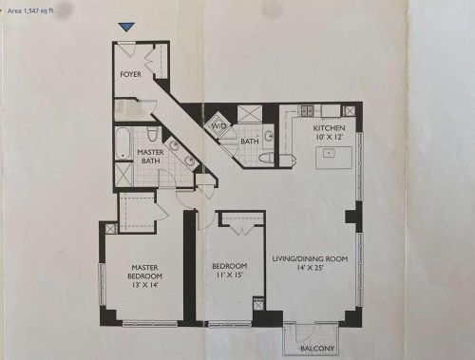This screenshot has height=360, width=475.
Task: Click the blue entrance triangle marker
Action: coord(126,28)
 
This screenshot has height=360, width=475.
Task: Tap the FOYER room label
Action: coord(130,74)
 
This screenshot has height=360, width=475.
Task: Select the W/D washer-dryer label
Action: coord(219,126)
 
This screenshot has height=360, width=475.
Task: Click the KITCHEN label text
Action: coord(329,128)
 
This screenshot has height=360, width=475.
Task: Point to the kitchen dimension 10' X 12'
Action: coord(330,137)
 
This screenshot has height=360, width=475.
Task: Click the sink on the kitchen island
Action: coord(329,154)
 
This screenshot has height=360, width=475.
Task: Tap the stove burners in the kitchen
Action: coord(306,111)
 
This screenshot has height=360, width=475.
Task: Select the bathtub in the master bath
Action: coord(123,143)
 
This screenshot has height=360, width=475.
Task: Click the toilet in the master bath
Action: coord(153,134)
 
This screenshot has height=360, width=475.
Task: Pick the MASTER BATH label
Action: coord(150,157)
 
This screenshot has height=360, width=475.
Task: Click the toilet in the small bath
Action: coord(266,158)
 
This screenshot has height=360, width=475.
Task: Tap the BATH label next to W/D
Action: coord(250,142)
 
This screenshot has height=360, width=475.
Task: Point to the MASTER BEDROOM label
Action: coord(144,272)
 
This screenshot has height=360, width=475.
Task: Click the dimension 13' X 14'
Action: coord(144,285)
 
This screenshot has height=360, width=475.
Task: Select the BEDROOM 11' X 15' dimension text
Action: coord(230,275)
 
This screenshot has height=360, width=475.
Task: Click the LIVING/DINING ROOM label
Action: coord(310,258)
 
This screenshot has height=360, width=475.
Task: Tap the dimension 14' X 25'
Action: coord(310,268)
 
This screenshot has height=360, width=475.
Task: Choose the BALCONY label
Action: coord(317,349)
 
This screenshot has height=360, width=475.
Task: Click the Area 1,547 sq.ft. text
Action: coord(30,10)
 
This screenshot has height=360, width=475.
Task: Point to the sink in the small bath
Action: coord(269,137)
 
